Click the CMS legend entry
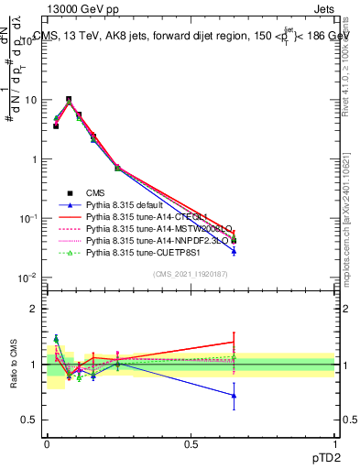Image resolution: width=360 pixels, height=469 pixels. point(96,192)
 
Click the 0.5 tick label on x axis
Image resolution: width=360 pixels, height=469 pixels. point(191,443)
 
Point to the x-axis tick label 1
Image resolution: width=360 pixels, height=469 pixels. point(334,443)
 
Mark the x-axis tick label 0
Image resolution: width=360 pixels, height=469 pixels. point(47,443)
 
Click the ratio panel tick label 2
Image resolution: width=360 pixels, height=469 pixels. point(32,309)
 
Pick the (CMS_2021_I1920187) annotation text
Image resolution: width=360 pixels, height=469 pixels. point(191,275)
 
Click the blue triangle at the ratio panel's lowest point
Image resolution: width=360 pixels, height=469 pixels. point(234,396)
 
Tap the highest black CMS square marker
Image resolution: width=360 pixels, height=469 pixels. point(69,99)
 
